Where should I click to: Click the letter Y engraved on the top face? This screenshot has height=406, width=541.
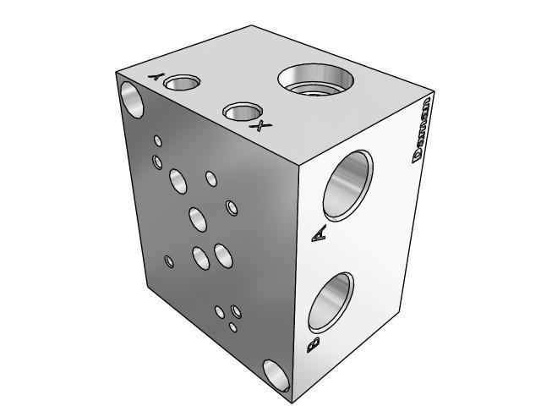pos(156,76)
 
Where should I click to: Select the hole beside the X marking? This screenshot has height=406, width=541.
pos(241,112)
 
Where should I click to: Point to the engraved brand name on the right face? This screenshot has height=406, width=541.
pos(421,129)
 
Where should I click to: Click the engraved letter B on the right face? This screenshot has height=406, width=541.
pos(313,345)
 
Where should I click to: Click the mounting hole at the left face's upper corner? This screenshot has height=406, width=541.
pos(134,98)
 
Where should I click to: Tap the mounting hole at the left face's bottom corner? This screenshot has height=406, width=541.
pos(276,373)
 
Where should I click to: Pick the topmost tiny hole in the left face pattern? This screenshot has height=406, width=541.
pos(157,140)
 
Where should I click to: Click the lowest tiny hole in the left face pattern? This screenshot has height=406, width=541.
pos(234,326)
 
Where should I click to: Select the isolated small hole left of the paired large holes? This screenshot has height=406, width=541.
pos(170,261)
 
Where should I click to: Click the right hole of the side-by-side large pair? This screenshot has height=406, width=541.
pos(223,254)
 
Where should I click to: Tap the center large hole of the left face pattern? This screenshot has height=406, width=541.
pos(198,218)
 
